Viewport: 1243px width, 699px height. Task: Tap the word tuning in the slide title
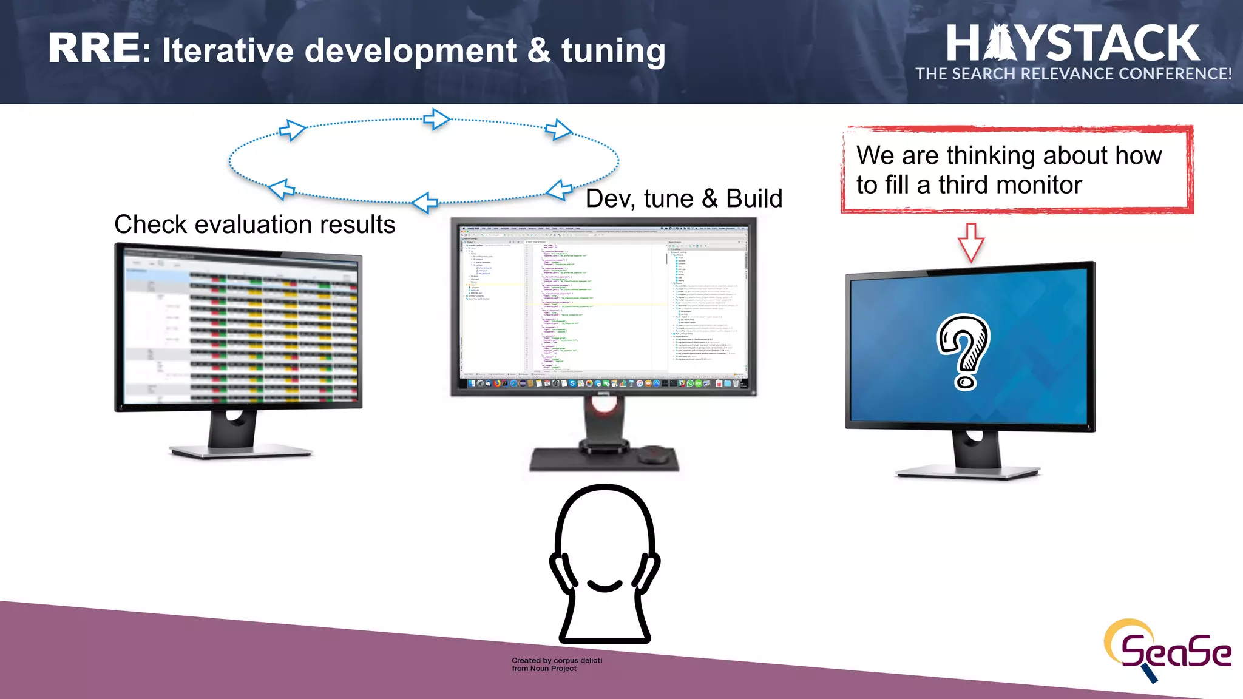pyautogui.click(x=613, y=51)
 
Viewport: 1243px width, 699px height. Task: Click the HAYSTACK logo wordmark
pyautogui.click(x=1072, y=44)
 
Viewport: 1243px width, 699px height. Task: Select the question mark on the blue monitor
pyautogui.click(x=964, y=351)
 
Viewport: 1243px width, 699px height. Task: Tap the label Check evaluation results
pyautogui.click(x=254, y=225)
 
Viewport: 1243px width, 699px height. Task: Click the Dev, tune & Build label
pyautogui.click(x=683, y=199)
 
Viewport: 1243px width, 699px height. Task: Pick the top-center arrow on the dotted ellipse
pyautogui.click(x=436, y=119)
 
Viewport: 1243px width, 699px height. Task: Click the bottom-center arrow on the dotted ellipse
pyautogui.click(x=425, y=202)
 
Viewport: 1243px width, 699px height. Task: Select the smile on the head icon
pyautogui.click(x=605, y=586)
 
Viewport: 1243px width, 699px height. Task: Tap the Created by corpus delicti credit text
pyautogui.click(x=557, y=664)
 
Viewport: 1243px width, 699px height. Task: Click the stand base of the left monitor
pyautogui.click(x=240, y=451)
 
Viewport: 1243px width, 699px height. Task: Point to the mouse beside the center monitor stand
pyautogui.click(x=654, y=453)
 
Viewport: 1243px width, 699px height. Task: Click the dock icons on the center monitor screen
pyautogui.click(x=604, y=383)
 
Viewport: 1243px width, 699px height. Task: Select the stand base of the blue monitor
pyautogui.click(x=968, y=471)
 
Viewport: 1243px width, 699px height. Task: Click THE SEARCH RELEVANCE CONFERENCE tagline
pyautogui.click(x=1073, y=74)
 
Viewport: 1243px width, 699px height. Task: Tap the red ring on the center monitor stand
pyautogui.click(x=604, y=405)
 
